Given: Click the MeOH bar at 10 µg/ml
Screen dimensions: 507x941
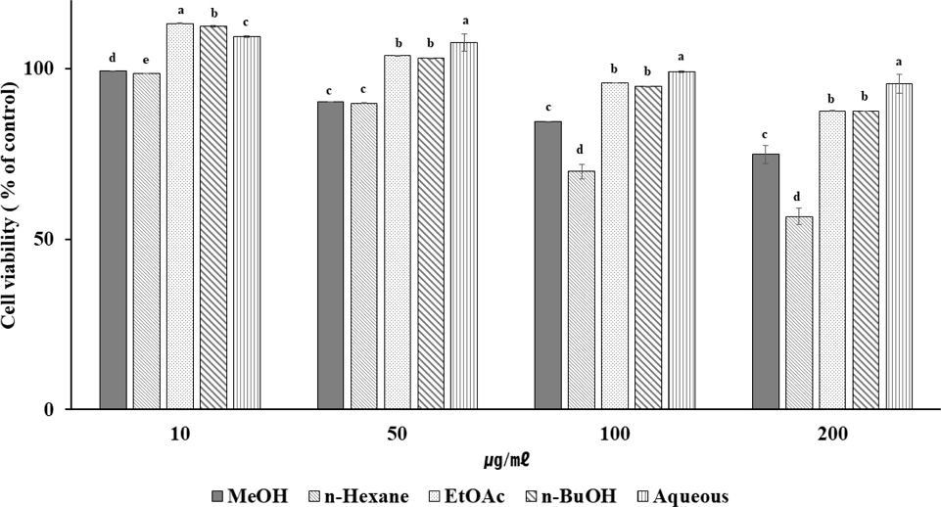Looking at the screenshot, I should (113, 240).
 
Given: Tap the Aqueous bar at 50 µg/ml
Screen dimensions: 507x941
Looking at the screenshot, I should (463, 226).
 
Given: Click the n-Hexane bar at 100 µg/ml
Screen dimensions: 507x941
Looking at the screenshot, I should (582, 290).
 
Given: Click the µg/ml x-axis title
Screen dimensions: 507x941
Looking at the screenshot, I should (507, 457).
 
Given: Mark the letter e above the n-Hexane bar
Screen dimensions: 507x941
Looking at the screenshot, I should (146, 61).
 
